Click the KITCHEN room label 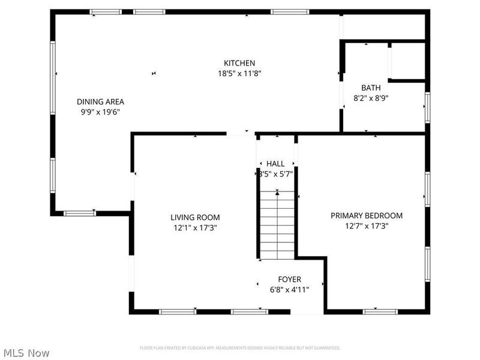(239, 63)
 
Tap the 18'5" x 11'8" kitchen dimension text (239, 73)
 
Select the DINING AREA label (100, 101)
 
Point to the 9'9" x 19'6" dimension (100, 112)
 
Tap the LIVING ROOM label (195, 217)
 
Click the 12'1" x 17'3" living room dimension (195, 227)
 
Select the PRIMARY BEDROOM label (367, 215)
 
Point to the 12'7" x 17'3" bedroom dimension (367, 226)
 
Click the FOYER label (289, 280)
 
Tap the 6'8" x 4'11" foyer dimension (289, 290)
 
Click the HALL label (275, 163)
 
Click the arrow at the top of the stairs (277, 193)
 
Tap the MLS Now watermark (26, 353)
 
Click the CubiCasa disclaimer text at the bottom (240, 347)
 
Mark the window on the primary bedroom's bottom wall (380, 311)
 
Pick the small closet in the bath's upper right (407, 62)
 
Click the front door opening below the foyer (307, 312)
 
